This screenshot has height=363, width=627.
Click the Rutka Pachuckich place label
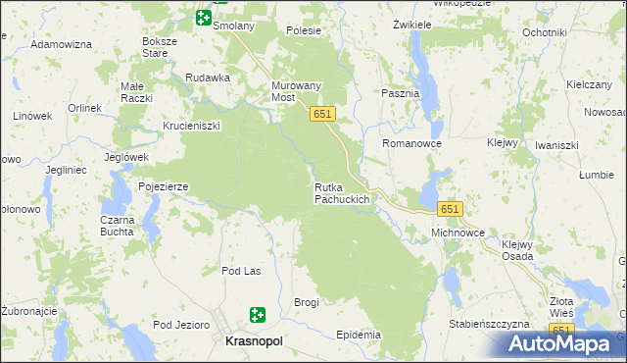(x=341, y=193)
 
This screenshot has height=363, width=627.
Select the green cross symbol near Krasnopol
(x=258, y=315)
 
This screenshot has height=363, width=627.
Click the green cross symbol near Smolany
(x=203, y=17)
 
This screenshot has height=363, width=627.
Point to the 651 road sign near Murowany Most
(x=324, y=115)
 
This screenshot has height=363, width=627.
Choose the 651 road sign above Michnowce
(x=450, y=210)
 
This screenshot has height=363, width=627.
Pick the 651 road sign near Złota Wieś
(x=560, y=330)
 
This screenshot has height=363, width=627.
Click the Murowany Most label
(x=296, y=91)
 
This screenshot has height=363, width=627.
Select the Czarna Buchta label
(x=118, y=227)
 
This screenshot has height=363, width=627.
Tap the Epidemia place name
(x=358, y=335)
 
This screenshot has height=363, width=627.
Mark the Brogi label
(x=307, y=302)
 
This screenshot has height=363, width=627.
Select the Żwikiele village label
(x=412, y=23)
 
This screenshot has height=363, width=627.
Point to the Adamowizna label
(x=61, y=45)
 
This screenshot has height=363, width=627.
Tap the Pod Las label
(x=240, y=271)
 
